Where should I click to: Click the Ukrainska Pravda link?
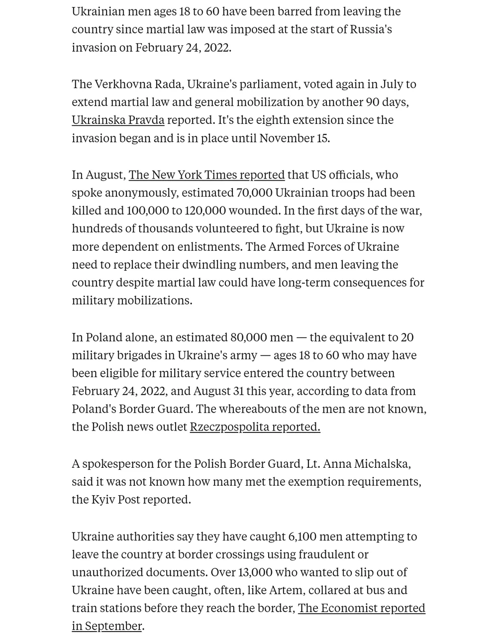coord(118,120)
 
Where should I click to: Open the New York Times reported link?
coord(206,175)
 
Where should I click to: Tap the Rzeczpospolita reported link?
coord(255,427)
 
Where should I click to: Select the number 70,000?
coord(254,193)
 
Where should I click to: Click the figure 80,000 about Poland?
coord(248,337)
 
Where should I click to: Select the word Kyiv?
coord(103,500)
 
